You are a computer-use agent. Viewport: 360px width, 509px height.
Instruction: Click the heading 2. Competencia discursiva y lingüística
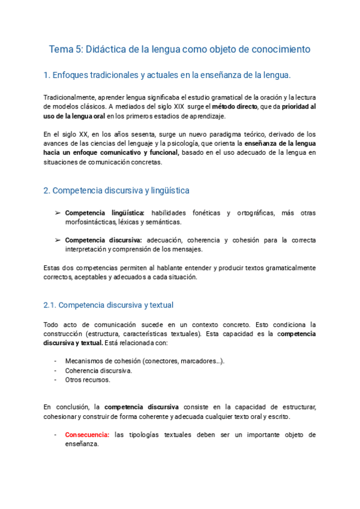pyautogui.click(x=116, y=190)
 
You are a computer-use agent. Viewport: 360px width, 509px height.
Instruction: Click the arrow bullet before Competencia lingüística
pyautogui.click(x=57, y=213)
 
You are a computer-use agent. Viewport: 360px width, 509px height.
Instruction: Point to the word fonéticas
pyautogui.click(x=205, y=213)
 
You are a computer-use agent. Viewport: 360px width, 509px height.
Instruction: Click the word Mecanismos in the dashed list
pyautogui.click(x=86, y=361)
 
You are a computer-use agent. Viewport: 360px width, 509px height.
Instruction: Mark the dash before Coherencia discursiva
pyautogui.click(x=55, y=370)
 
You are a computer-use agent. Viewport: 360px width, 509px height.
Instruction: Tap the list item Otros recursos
pyautogui.click(x=88, y=379)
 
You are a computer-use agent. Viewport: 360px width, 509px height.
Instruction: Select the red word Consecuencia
pyautogui.click(x=87, y=435)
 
